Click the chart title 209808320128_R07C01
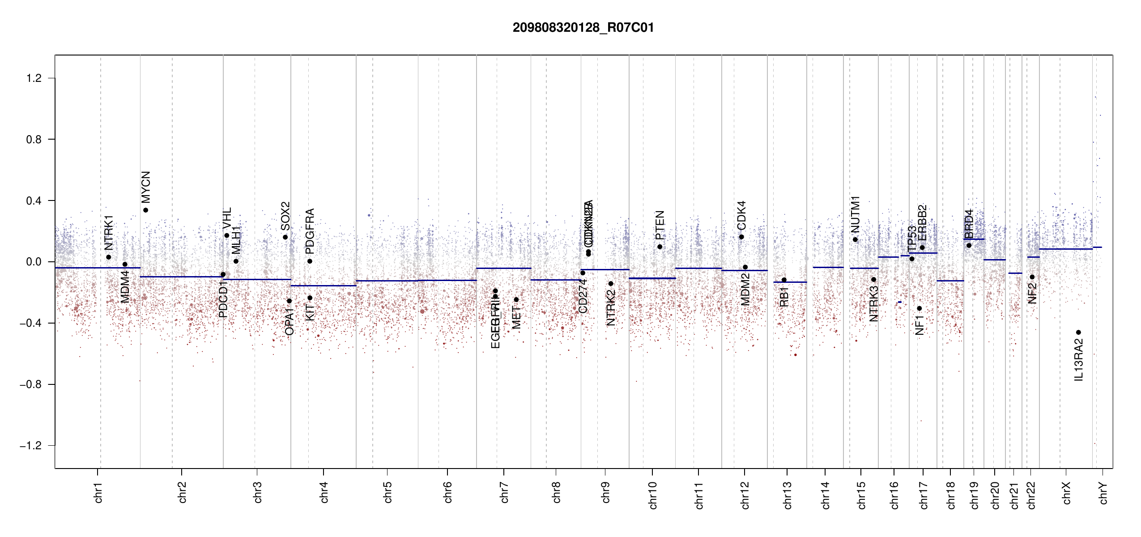pos(583,28)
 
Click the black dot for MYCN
pos(145,210)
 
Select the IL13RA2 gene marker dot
pos(1078,332)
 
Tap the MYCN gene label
pos(146,187)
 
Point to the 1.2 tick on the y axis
pos(34,78)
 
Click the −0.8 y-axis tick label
pos(30,384)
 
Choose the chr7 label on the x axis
pos(504,492)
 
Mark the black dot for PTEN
pos(660,247)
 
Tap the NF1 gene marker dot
pos(919,308)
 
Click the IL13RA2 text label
pos(1079,360)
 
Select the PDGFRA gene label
pos(310,228)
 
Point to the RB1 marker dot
pos(784,280)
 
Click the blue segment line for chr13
pos(790,282)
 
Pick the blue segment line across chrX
pos(1065,249)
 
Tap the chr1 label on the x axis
pos(98,492)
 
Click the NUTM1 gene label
pos(856,214)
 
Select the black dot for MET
pos(516,300)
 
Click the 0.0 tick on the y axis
pos(34,262)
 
